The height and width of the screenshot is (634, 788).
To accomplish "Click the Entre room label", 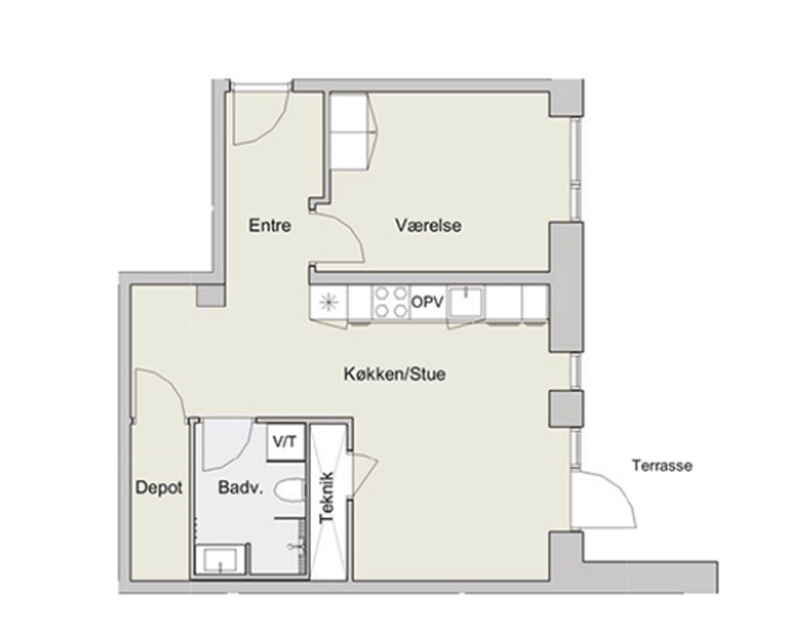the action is (270, 225).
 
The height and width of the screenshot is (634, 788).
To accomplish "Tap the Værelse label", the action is (428, 225).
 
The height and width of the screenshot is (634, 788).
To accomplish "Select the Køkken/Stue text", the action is (395, 374).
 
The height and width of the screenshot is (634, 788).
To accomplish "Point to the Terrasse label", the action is (662, 466).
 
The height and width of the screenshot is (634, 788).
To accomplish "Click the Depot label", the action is (159, 488).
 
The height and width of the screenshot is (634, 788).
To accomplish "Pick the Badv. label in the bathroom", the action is (241, 488).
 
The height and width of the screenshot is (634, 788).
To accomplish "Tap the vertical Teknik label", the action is (328, 497).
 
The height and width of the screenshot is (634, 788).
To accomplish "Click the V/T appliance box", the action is (285, 443).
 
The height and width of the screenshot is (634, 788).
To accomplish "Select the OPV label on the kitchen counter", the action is (428, 302).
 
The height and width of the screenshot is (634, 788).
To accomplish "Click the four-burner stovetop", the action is (391, 302).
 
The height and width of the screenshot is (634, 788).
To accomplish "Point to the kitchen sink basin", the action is (466, 303).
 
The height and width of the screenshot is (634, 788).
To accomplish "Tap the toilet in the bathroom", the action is (291, 490).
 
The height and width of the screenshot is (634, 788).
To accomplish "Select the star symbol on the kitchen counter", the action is (328, 302).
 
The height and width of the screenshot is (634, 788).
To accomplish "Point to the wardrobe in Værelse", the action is (351, 131).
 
